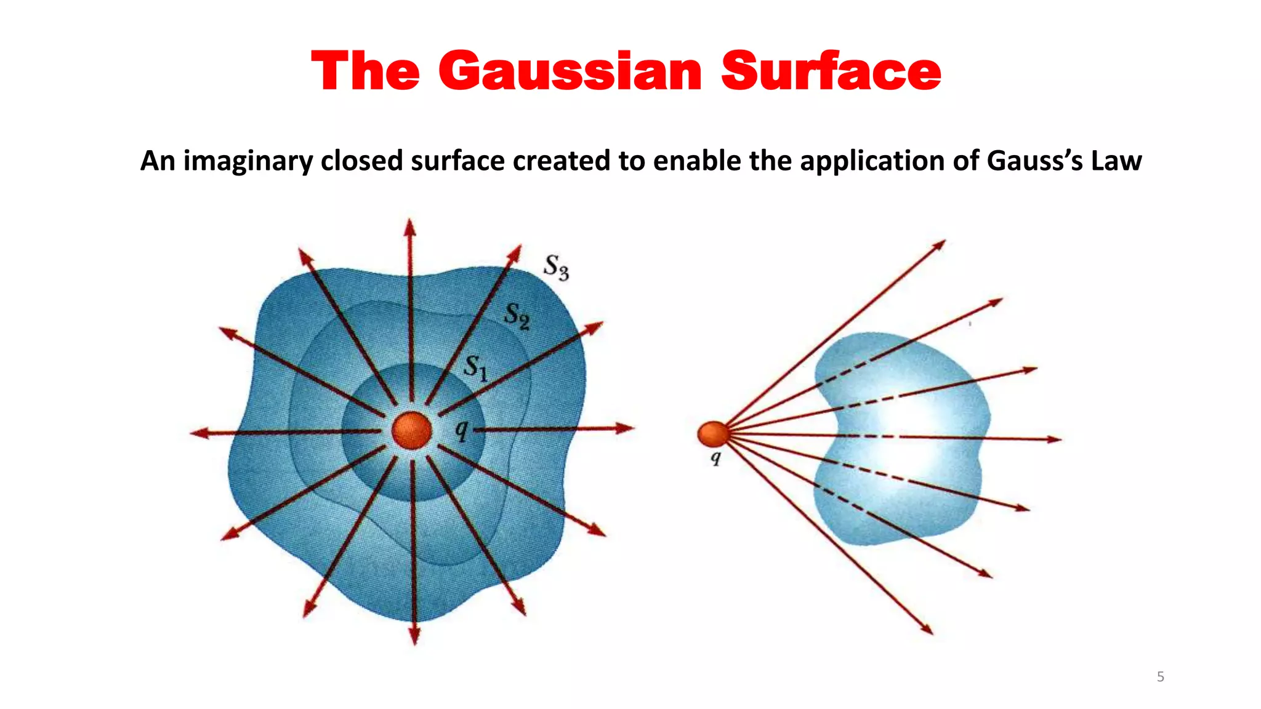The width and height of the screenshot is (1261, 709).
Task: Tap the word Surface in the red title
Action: pyautogui.click(x=831, y=71)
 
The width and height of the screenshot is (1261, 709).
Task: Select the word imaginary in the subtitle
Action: pyautogui.click(x=248, y=161)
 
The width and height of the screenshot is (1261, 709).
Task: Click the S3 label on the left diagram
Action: pyautogui.click(x=556, y=267)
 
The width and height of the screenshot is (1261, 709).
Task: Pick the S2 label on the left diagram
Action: pyautogui.click(x=517, y=316)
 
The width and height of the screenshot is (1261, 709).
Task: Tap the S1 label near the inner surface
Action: pyautogui.click(x=475, y=368)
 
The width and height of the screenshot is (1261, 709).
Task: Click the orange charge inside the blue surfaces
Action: pyautogui.click(x=411, y=430)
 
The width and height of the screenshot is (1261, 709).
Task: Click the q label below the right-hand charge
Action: pyautogui.click(x=715, y=458)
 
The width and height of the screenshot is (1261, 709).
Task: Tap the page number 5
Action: pyautogui.click(x=1160, y=677)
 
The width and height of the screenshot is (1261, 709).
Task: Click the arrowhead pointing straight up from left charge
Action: pyautogui.click(x=410, y=227)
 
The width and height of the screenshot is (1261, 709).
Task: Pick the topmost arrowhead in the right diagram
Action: pyautogui.click(x=938, y=245)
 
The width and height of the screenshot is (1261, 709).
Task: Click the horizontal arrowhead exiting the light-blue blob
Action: pyautogui.click(x=1054, y=439)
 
